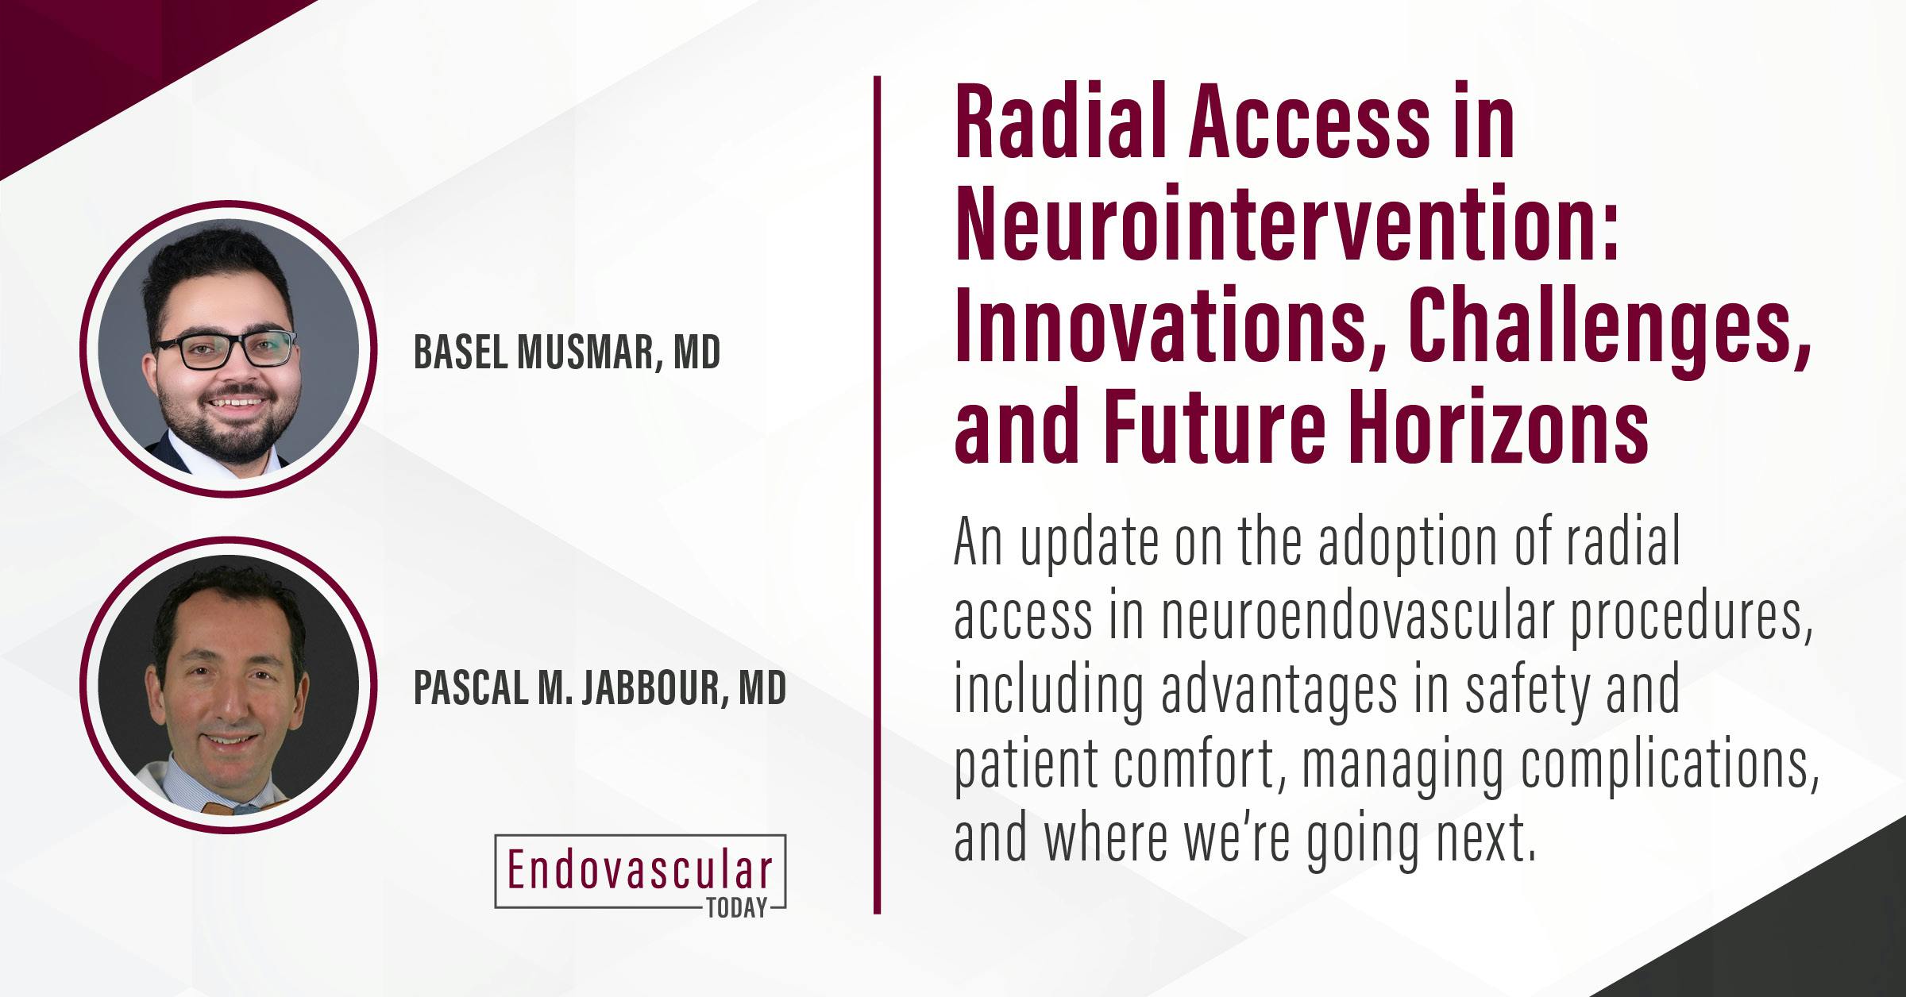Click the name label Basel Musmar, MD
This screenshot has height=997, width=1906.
tap(567, 352)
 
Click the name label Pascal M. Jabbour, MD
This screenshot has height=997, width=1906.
tap(600, 688)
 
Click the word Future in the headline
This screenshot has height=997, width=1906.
tap(1211, 435)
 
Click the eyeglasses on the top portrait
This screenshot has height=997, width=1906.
tap(226, 350)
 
